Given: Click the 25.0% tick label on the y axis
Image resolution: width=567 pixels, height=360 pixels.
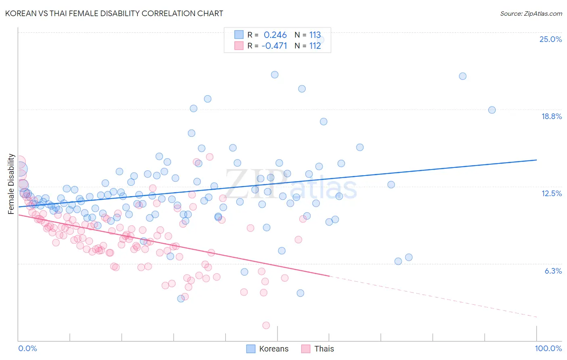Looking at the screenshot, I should click(550, 39).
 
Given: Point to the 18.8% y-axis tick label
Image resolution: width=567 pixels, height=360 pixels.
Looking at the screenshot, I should click(551, 116).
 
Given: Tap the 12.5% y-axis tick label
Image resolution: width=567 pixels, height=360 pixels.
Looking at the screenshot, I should click(551, 193).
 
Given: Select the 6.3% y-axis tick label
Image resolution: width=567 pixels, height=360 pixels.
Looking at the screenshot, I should click(553, 271).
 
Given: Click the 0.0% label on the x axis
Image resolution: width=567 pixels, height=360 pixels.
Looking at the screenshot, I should click(28, 348).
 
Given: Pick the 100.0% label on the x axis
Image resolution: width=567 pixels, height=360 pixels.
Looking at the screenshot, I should click(548, 348).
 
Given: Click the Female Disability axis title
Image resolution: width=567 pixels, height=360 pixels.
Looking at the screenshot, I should click(11, 184).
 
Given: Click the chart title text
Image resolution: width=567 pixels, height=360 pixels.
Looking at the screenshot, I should click(114, 13).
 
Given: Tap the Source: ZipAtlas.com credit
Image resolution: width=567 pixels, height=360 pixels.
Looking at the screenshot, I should click(531, 13).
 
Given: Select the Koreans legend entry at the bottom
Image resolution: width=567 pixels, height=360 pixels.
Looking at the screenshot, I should click(267, 349).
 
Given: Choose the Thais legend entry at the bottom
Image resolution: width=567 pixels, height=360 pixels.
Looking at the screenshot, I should click(317, 349).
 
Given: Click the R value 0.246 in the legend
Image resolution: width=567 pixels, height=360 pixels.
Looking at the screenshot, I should click(275, 35).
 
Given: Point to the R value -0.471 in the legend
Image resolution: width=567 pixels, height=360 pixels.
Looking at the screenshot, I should click(274, 46).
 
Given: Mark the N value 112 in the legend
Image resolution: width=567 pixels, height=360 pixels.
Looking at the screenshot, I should click(315, 46).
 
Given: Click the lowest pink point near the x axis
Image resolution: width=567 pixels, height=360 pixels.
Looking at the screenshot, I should click(266, 325).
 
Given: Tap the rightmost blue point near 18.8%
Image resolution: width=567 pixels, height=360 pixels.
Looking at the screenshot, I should click(492, 110).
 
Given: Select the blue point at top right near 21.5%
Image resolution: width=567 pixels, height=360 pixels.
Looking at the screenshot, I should click(463, 76).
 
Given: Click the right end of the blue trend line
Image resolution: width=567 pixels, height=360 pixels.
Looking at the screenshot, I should click(537, 160).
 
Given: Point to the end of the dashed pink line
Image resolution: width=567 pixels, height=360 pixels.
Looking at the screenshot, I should click(537, 317).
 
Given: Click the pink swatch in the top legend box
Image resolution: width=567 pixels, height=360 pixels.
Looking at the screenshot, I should click(239, 46).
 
